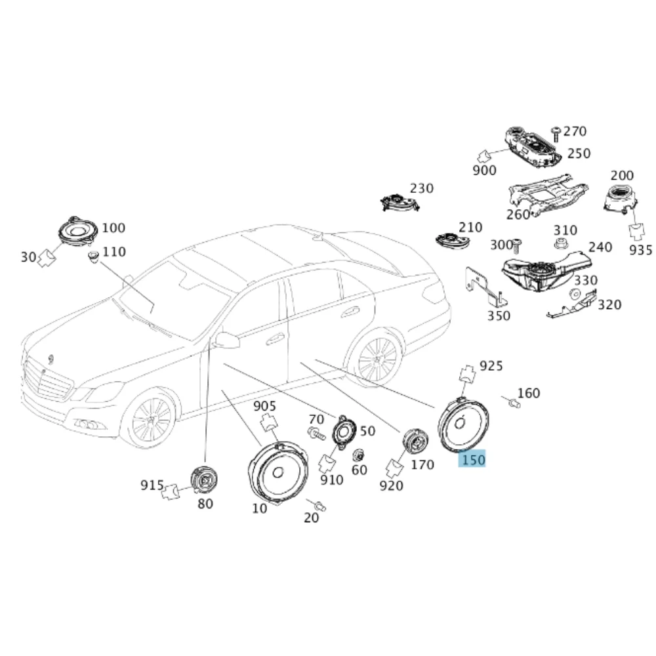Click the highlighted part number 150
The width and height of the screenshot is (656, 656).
[473, 459]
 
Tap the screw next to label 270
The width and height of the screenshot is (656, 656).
[556, 134]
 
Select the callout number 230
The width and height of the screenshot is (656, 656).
[421, 188]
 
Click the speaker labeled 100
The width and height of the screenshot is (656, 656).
[77, 232]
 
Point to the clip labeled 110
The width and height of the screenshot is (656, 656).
[92, 256]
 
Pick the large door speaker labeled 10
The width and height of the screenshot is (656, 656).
[277, 473]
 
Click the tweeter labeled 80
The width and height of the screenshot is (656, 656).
[204, 480]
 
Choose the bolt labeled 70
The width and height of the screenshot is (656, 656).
[316, 434]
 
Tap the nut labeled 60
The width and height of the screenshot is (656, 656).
[359, 455]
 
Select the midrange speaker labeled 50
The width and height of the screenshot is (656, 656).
[344, 432]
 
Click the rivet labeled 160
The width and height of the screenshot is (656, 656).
[514, 403]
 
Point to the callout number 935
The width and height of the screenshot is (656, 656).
[640, 250]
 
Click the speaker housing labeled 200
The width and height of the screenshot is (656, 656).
[621, 199]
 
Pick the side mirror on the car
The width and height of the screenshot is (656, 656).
[226, 340]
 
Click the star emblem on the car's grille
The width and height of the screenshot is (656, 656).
[43, 373]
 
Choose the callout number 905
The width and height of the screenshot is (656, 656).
[264, 406]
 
